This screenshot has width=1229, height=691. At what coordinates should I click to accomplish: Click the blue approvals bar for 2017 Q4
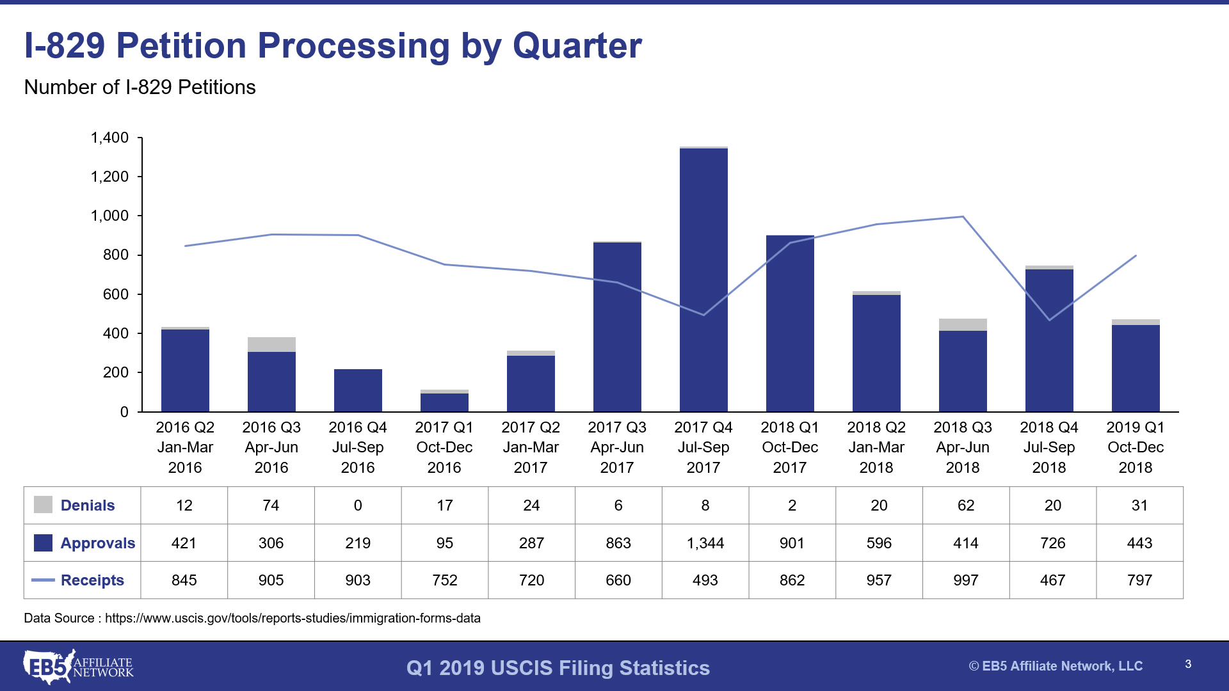pos(703,282)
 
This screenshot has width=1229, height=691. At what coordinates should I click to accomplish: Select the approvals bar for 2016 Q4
pos(358,390)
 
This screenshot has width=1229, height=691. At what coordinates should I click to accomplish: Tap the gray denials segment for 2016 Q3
pos(271,344)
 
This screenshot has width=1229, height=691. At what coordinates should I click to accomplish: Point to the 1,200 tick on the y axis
pos(109,177)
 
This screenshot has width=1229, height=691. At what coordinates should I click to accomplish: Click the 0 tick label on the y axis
pos(124,412)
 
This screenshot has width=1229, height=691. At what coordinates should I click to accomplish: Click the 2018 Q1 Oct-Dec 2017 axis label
pos(789,447)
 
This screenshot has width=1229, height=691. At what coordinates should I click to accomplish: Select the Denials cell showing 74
pos(271,505)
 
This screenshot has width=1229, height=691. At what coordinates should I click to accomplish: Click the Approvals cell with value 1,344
pos(705,543)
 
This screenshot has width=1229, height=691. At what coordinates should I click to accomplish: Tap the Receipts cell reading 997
pos(965,580)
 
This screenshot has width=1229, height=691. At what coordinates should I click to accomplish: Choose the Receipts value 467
pos(1052,580)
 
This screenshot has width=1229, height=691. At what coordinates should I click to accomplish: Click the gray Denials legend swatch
pos(43,505)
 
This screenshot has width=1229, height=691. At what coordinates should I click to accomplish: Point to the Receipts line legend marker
pos(43,580)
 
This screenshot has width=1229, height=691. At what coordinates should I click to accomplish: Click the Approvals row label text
pos(97,543)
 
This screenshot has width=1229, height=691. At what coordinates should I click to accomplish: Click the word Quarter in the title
pos(577,46)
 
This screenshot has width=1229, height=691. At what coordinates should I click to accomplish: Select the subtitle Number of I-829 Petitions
pos(140,87)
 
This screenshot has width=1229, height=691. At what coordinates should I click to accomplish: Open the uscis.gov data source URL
pos(293,618)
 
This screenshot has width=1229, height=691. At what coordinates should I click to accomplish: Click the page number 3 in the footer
pos(1188,664)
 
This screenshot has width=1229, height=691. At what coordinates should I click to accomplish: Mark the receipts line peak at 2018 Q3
pos(963,217)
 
